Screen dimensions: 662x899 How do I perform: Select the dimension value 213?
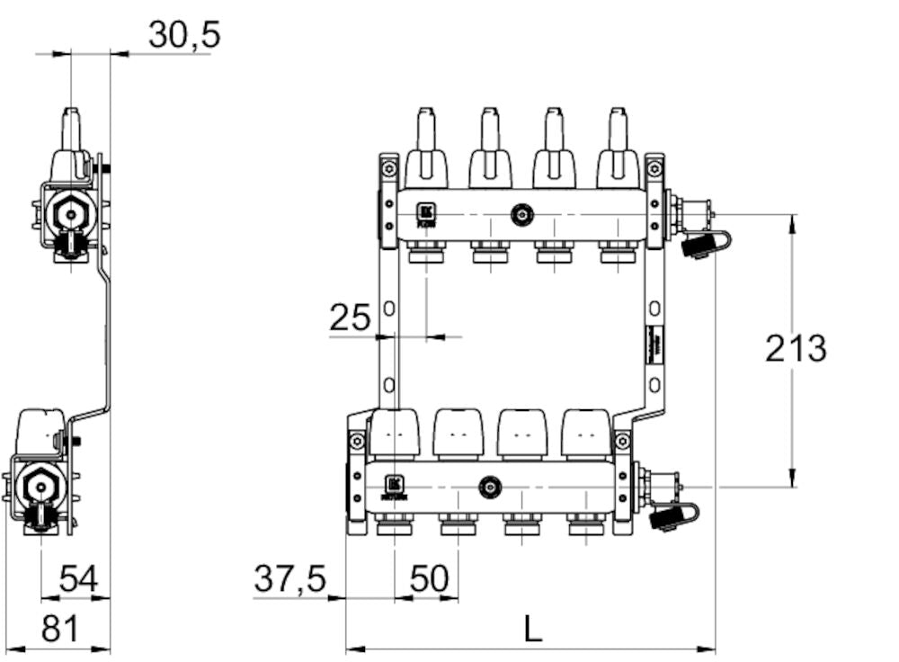pyautogui.click(x=796, y=348)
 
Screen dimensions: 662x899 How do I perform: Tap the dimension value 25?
pyautogui.click(x=350, y=318)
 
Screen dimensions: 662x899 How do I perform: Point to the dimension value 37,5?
pyautogui.click(x=289, y=578)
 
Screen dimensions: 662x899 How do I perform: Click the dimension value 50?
pyautogui.click(x=428, y=579)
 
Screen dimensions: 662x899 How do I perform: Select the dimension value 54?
pyautogui.click(x=78, y=579)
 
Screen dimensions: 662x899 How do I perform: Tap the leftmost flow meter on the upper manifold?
pyautogui.click(x=426, y=148)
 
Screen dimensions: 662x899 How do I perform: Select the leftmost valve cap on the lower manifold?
pyautogui.click(x=394, y=433)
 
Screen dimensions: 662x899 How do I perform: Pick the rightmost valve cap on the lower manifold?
pyautogui.click(x=587, y=433)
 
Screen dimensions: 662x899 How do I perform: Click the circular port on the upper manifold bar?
pyautogui.click(x=521, y=215)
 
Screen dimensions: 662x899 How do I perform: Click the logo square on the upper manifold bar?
pyautogui.click(x=426, y=213)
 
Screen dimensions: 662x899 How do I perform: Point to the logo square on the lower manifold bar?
pyautogui.click(x=394, y=484)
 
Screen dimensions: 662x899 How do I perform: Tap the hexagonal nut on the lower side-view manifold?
pyautogui.click(x=39, y=487)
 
